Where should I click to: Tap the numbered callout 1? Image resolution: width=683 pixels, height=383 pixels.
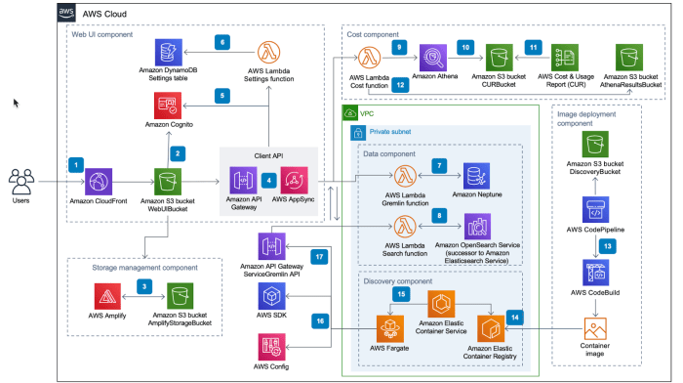point(76,164)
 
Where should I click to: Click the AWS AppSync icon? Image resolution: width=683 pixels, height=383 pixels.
point(293,182)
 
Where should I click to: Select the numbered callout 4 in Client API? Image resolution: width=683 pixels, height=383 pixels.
point(267,181)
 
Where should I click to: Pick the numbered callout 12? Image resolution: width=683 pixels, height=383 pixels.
point(400,84)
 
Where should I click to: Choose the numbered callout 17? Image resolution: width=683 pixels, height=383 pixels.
point(318,255)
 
